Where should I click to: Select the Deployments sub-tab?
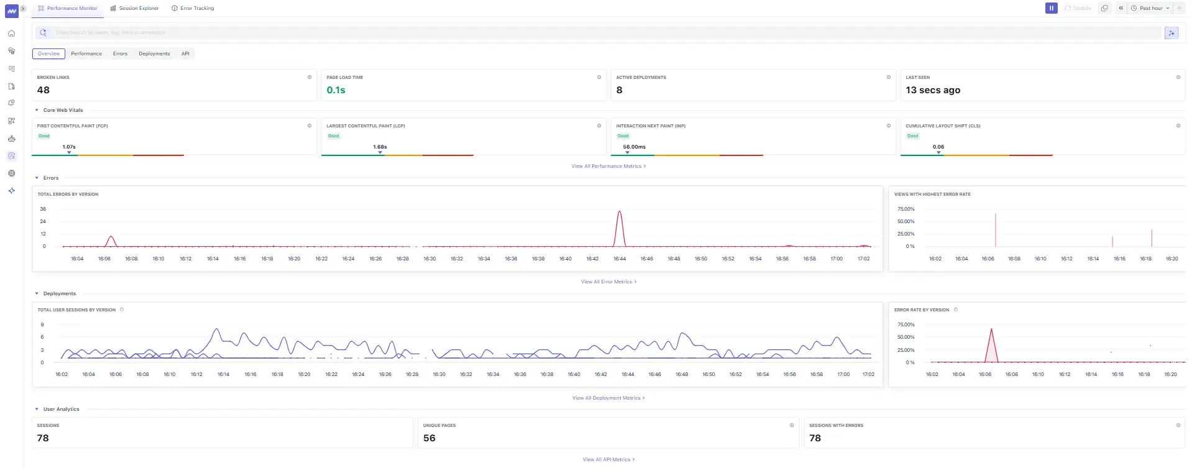coord(154,53)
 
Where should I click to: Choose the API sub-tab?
coord(185,53)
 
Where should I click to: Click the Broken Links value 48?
coord(44,90)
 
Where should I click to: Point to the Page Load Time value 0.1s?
coord(336,90)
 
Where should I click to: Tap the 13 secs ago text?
coord(932,90)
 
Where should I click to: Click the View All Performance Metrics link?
coord(608,166)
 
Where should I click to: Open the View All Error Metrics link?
coord(608,282)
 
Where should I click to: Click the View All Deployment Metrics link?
coord(608,398)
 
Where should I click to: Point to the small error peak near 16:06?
coord(111,237)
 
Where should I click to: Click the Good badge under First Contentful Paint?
coord(44,135)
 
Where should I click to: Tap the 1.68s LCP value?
coord(380,147)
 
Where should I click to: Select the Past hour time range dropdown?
coord(1150,8)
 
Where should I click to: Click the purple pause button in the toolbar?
coord(1051,8)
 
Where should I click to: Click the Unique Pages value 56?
coord(429,438)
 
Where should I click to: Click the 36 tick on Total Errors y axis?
coord(43,209)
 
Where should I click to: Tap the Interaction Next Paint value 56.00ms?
coord(634,147)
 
